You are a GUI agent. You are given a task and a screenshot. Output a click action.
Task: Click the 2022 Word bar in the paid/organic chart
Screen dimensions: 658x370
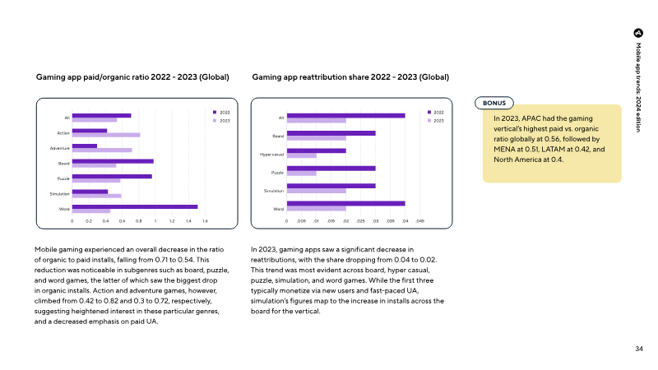point(135,207)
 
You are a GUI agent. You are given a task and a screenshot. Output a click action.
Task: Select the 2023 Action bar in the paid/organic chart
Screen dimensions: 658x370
point(106,135)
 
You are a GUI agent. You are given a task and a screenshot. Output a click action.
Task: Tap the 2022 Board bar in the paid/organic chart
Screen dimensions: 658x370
point(113,161)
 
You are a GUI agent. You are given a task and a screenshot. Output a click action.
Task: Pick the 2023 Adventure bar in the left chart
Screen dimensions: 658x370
point(102,150)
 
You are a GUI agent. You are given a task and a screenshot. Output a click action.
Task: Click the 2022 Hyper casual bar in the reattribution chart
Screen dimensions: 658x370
point(317,150)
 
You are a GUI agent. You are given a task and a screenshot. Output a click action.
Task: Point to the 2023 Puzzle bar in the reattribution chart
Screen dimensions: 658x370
point(302,173)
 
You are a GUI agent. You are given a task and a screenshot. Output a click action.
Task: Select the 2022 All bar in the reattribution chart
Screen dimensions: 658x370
point(346,115)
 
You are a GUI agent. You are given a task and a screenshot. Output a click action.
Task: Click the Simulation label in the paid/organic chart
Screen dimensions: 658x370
point(59,194)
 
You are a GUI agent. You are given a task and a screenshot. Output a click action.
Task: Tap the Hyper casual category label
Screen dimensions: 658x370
point(272,155)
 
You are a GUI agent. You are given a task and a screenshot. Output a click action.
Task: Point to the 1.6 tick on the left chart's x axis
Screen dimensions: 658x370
point(205,221)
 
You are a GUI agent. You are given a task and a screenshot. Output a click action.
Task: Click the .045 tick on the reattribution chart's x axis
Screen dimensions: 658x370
point(420,221)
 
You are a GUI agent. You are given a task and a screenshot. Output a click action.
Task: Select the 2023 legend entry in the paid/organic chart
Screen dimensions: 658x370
point(221,121)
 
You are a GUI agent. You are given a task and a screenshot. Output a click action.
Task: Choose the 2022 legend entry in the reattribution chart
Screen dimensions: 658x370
point(436,113)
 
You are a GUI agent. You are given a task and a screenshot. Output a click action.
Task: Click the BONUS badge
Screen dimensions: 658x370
point(494,103)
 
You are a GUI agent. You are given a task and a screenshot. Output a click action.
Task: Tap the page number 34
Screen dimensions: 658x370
point(639,349)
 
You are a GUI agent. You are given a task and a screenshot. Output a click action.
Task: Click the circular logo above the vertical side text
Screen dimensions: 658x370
point(638,33)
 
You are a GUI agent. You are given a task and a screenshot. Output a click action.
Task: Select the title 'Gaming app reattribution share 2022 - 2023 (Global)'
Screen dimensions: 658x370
point(350,77)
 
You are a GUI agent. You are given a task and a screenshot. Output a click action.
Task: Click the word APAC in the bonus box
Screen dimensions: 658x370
point(531,118)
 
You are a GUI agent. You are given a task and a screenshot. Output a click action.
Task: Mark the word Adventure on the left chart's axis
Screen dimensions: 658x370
point(60,148)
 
